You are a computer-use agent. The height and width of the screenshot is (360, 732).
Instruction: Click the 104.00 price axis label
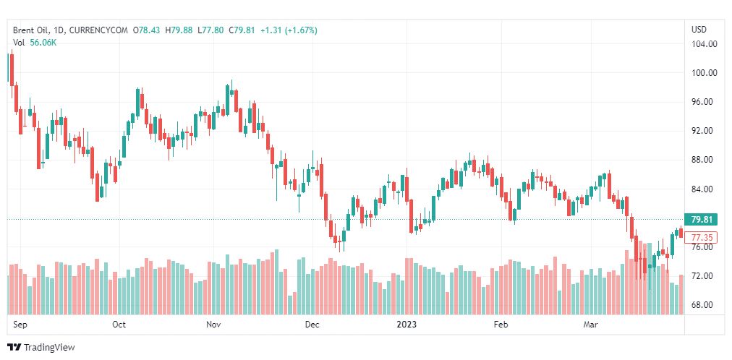tap(704, 44)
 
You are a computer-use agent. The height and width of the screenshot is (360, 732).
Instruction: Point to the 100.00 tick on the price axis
tap(704, 73)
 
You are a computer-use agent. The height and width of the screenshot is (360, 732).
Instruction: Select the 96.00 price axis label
tap(704, 102)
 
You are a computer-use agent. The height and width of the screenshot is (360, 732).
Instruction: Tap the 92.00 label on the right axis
tap(704, 131)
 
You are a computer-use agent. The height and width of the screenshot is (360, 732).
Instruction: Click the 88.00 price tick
tap(704, 160)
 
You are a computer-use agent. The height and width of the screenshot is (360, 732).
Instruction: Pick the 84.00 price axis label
tap(704, 189)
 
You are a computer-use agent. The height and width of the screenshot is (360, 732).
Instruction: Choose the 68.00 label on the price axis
tap(704, 305)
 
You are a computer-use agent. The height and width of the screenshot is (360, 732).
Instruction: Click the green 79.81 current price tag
tap(703, 220)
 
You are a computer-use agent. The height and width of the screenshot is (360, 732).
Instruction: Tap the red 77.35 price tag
tap(703, 237)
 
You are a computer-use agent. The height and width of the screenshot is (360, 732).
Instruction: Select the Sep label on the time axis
tap(20, 325)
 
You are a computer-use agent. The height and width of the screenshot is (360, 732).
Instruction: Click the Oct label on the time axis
tap(119, 325)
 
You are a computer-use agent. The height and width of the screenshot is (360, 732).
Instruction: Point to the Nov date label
tap(213, 325)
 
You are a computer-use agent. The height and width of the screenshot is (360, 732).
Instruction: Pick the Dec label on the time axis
tap(312, 325)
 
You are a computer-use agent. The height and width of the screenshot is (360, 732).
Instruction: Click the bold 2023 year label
tap(407, 325)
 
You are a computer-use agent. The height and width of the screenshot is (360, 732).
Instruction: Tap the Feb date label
tap(501, 325)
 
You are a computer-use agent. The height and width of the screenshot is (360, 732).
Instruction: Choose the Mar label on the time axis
tap(590, 325)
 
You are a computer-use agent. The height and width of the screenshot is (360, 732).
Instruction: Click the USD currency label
tap(699, 30)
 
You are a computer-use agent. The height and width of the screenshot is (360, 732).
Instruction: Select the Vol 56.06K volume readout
tap(35, 43)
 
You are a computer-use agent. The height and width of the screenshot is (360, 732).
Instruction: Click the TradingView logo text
tap(49, 348)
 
